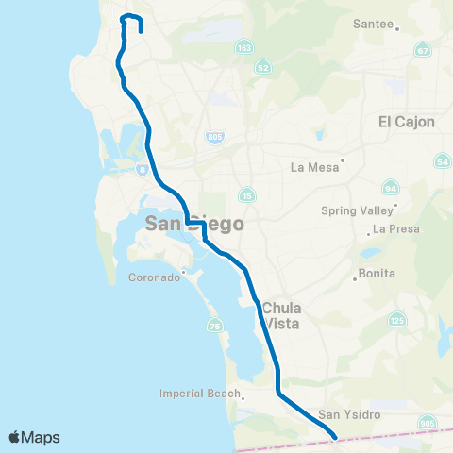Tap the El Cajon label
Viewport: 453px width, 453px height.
point(405,121)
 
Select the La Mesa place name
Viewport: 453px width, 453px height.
point(312,168)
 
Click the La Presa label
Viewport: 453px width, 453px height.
point(394,228)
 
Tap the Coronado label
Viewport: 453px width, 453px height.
point(158,278)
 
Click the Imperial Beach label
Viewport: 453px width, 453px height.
point(195,394)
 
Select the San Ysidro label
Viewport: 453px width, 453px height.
point(341,414)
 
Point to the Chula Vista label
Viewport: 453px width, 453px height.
point(282,314)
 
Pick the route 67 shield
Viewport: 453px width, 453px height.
point(423,50)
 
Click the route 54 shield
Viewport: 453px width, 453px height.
point(443,163)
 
